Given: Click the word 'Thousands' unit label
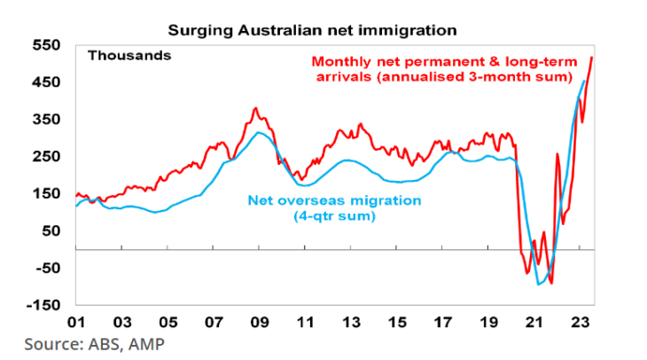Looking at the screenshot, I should tap(129, 55).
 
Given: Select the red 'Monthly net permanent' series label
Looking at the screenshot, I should tap(453, 62).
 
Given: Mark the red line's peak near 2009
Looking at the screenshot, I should tap(255, 108).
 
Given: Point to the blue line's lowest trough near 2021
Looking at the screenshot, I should tap(538, 285).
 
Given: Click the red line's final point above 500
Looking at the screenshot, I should tap(592, 58).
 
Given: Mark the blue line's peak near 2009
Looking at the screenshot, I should tap(257, 132).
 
